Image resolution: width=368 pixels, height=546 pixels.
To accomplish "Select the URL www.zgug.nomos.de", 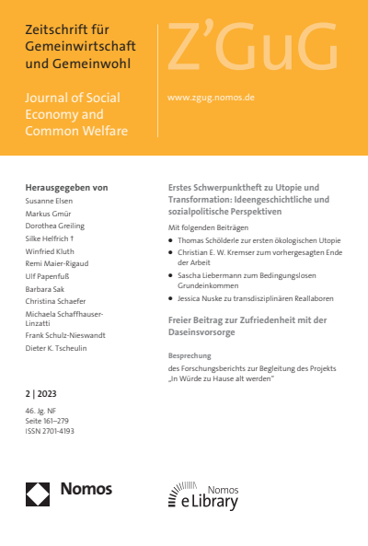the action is click(x=211, y=97).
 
